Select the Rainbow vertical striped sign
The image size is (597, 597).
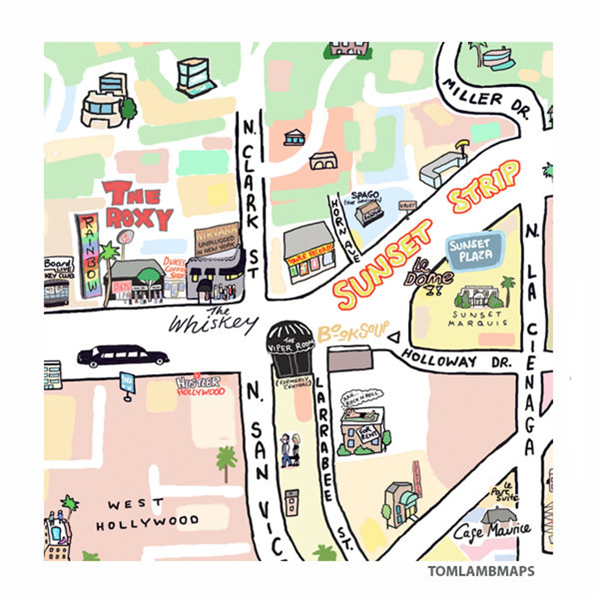pyautogui.click(x=89, y=255)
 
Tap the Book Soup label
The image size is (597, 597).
pyautogui.click(x=353, y=332)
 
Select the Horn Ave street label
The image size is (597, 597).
pyautogui.click(x=345, y=229)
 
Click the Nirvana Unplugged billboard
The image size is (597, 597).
pyautogui.click(x=217, y=240)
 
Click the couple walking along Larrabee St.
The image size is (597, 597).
pyautogui.click(x=290, y=450)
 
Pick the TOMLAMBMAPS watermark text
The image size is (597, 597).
pyautogui.click(x=481, y=571)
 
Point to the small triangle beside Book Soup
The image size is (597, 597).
pyautogui.click(x=394, y=337)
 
